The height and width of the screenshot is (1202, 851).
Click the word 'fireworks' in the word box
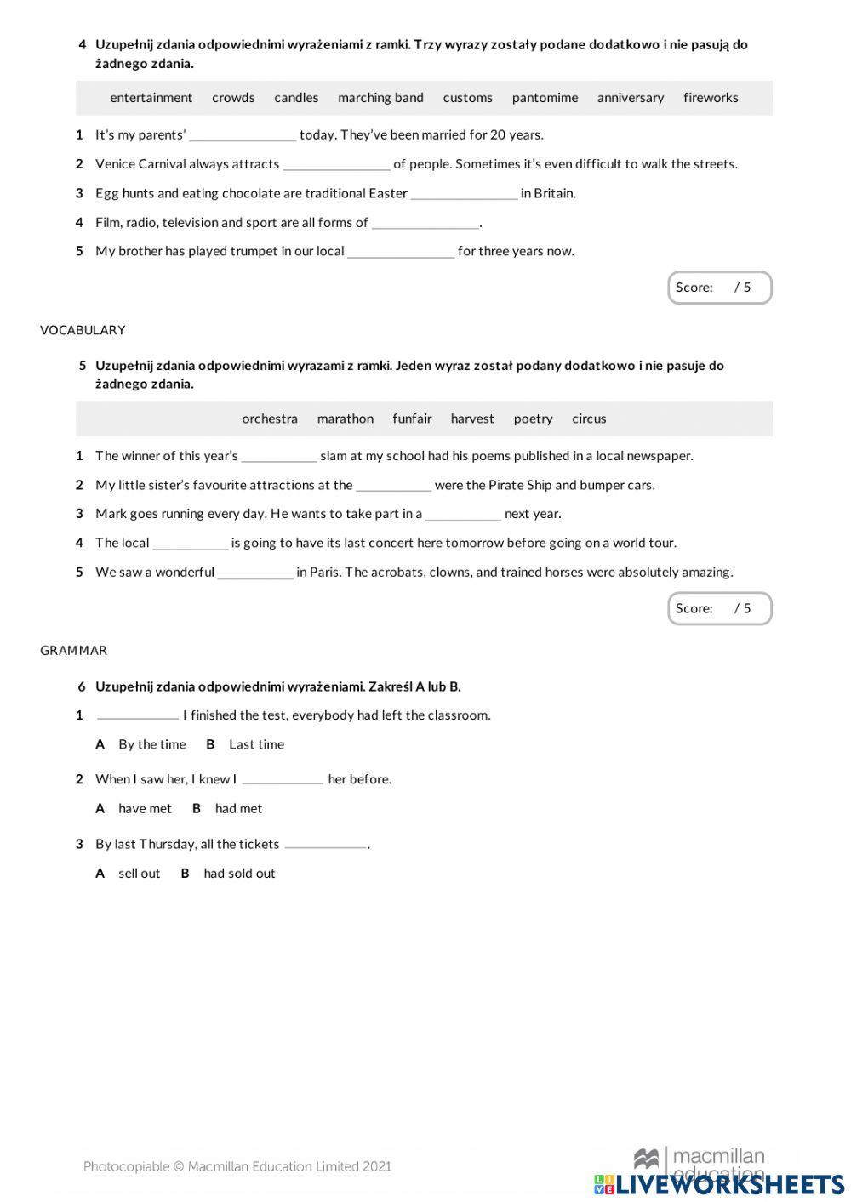pos(710,98)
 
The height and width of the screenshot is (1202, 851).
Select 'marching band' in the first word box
pos(380,98)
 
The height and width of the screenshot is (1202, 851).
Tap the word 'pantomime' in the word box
pos(545,98)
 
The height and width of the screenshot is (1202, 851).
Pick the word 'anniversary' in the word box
pos(630,98)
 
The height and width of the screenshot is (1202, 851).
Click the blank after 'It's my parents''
pos(243,135)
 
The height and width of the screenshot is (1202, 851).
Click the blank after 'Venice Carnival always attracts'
pos(336,164)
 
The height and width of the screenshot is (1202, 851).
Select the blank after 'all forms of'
pos(425,223)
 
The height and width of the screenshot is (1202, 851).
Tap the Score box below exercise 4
pos(719,288)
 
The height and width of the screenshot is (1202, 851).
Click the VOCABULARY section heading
pos(83,330)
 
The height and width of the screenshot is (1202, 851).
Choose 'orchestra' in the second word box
pos(270,419)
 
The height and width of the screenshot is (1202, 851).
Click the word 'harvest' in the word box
pos(472,419)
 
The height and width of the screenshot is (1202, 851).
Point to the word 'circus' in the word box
pos(589,419)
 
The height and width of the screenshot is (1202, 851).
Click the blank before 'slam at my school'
pos(279,457)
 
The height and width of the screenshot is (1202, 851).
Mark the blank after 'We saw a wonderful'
pos(255,573)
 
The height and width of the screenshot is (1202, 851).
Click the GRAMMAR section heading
pos(73,651)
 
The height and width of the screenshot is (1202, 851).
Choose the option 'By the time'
pos(151,744)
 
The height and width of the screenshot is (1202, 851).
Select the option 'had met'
pos(238,809)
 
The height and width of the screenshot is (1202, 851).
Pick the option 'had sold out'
pos(239,874)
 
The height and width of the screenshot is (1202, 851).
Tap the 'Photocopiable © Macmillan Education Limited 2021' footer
pos(237,1166)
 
